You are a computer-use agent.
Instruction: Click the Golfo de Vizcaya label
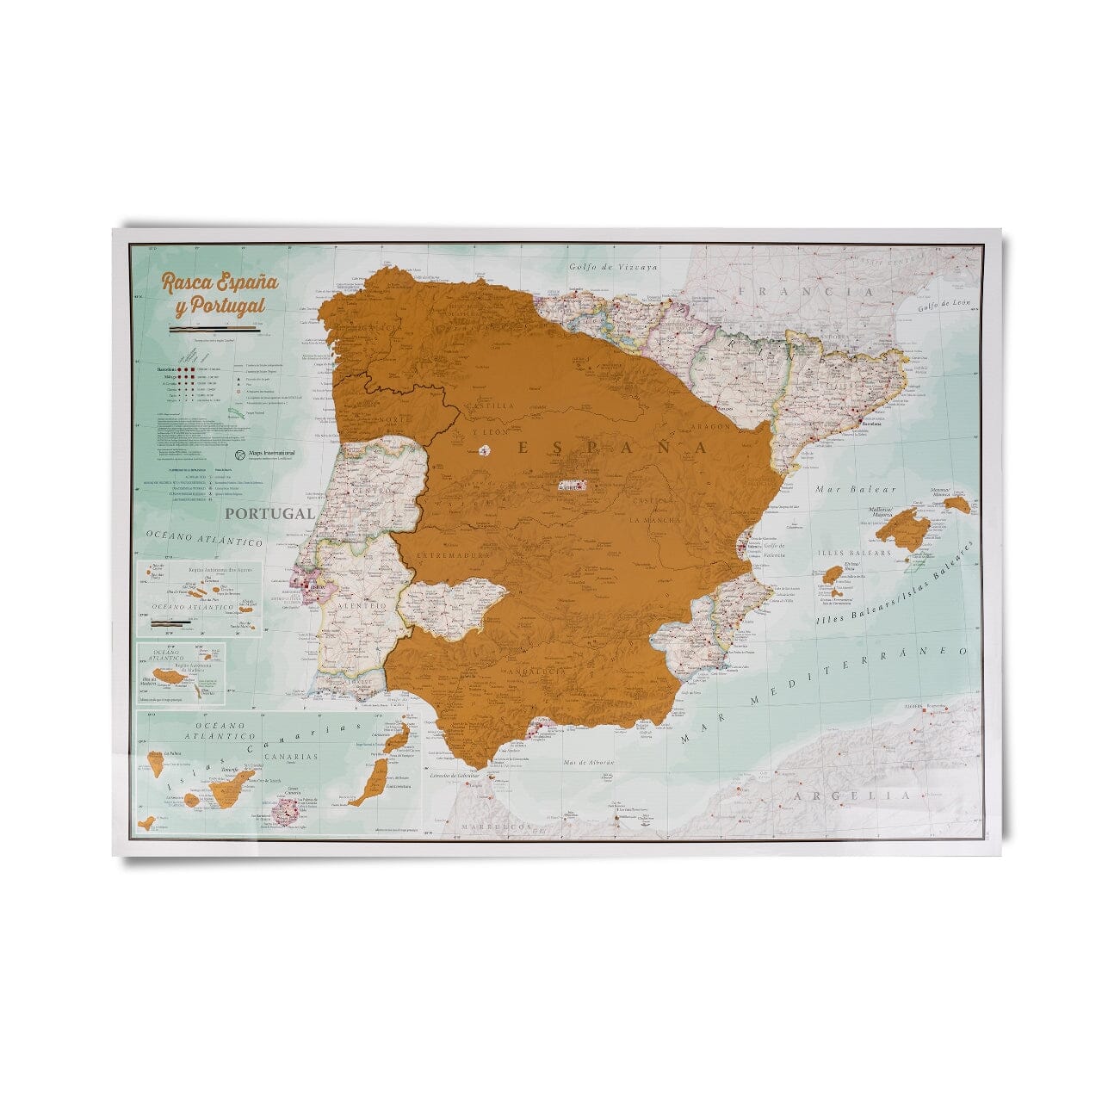tap(613, 267)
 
